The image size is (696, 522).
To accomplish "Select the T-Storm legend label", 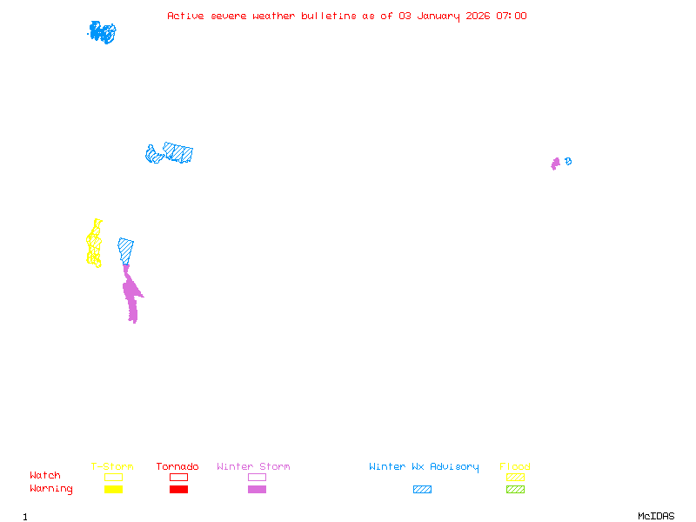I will point(112,467).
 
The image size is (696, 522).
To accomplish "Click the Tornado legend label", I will point(177,467).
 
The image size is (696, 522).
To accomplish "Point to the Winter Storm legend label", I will point(253,467).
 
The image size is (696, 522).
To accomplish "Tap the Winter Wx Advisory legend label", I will point(424,467).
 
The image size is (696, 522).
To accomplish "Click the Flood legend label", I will point(515,467).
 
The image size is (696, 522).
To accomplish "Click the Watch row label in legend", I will point(45,476).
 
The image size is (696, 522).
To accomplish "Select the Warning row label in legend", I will point(50,489).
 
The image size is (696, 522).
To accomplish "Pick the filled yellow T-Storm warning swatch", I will point(113,490).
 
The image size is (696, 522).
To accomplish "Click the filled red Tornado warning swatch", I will point(178,490).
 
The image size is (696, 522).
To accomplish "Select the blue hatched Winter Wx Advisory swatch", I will point(422,490).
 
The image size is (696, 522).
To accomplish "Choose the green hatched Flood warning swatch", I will point(515,490).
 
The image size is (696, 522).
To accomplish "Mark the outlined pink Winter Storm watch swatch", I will point(257,477).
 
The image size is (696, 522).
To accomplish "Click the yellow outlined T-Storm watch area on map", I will point(94,244).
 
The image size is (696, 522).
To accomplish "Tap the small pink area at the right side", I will point(555,164).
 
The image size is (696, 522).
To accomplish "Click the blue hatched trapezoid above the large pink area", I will point(125,250).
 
